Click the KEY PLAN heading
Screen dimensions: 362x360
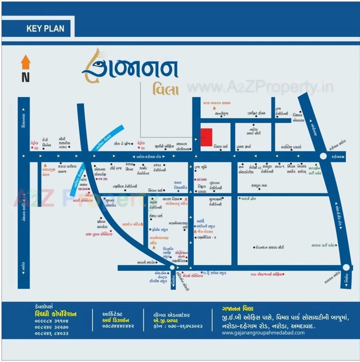pos(45,28)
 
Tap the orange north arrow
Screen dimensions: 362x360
pos(25,62)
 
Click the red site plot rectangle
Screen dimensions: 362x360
pos(206,137)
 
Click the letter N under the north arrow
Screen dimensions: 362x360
pos(25,77)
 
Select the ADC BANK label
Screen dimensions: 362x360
pos(202,180)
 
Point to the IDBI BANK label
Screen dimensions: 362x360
pos(84,189)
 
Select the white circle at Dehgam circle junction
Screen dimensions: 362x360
pos(323,156)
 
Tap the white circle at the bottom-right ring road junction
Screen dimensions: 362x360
pos(346,267)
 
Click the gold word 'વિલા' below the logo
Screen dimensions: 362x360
pos(165,89)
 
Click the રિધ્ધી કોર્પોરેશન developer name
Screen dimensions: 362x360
pos(56,314)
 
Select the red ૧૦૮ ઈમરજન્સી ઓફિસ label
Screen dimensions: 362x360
pos(266,274)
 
